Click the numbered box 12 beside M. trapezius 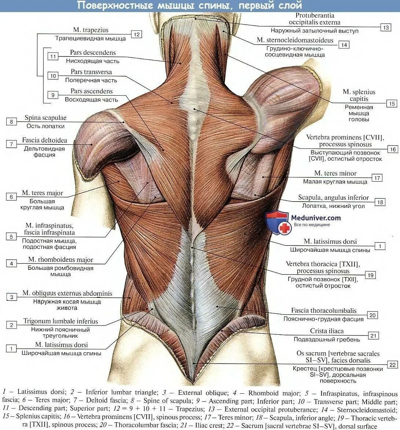[x=136, y=34]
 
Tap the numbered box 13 [x=386, y=27]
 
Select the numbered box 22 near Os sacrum [x=392, y=365]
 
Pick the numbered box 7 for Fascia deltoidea [x=11, y=144]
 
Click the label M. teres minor [x=335, y=173]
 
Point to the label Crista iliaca [x=327, y=331]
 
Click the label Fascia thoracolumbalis [x=324, y=311]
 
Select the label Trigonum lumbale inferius [x=61, y=321]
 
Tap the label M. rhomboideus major [x=61, y=260]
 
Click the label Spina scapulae [x=45, y=118]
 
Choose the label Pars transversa [x=91, y=72]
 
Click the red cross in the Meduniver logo [x=285, y=228]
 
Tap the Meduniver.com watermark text [x=316, y=218]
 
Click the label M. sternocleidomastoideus [x=295, y=40]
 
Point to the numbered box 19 [x=370, y=275]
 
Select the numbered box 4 [x=11, y=263]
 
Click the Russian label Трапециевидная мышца [x=91, y=38]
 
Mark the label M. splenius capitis [x=359, y=95]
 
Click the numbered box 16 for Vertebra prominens [x=392, y=149]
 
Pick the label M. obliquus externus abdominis [x=67, y=293]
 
